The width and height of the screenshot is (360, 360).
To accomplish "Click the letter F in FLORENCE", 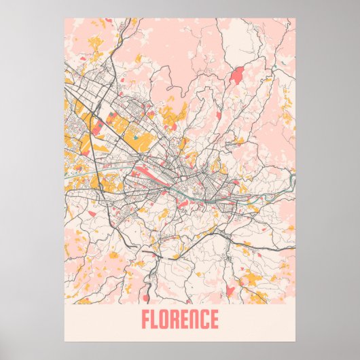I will pyautogui.click(x=146, y=319).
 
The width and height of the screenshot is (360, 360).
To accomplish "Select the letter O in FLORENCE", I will pyautogui.click(x=166, y=319).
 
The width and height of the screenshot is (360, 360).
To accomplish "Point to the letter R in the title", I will pyautogui.click(x=176, y=319).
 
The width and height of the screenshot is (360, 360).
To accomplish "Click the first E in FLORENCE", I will pyautogui.click(x=185, y=319).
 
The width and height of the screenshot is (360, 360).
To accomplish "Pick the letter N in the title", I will pyautogui.click(x=195, y=319).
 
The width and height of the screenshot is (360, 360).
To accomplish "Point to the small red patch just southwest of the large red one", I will pyautogui.click(x=218, y=114).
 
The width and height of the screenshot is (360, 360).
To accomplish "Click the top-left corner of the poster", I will pyautogui.click(x=65, y=18).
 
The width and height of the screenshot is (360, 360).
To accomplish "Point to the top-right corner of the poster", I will pyautogui.click(x=296, y=18).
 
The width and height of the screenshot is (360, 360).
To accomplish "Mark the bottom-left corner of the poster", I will pyautogui.click(x=65, y=340).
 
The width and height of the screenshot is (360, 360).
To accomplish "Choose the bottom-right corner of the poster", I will pyautogui.click(x=296, y=340).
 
